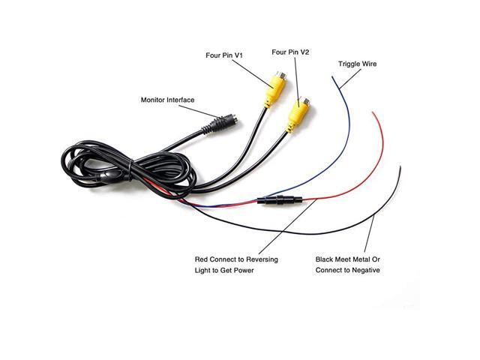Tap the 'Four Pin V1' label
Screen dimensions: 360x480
tap(224, 55)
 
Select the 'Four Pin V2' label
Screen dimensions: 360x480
tap(291, 52)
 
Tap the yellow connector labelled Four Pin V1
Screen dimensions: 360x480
tap(273, 89)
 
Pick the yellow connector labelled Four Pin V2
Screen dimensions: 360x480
tap(297, 114)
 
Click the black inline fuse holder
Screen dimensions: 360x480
tap(279, 201)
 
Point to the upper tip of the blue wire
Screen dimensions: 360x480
tap(333, 76)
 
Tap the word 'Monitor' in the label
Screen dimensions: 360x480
tap(157, 100)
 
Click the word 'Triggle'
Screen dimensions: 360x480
tap(348, 64)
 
